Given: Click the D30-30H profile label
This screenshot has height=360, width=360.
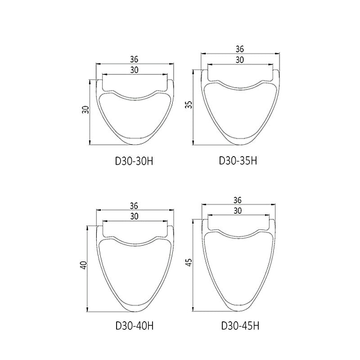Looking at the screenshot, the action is (x=134, y=161).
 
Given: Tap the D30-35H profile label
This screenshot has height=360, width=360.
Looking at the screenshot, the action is (x=238, y=161).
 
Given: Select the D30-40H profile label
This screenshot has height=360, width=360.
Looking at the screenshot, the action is (x=134, y=326).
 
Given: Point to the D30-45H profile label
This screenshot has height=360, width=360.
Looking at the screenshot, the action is (x=240, y=326).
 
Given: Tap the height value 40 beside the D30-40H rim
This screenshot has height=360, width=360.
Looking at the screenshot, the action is (x=84, y=265).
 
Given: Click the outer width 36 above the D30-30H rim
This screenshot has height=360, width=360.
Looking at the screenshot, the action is (x=134, y=59).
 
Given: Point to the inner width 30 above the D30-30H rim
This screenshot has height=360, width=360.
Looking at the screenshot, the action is (x=134, y=70).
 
